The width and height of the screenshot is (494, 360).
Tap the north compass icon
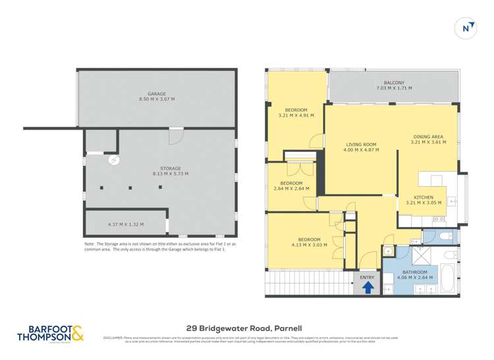[x=466, y=27]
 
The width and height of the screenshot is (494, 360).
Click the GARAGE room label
[x=156, y=93]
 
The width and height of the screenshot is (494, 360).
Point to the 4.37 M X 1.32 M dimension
[x=126, y=224]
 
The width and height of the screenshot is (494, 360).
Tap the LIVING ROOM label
[x=361, y=144]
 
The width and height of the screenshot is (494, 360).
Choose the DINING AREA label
[x=428, y=136]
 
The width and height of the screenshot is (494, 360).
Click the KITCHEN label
[x=422, y=197]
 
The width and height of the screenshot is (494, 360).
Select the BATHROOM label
[x=415, y=272]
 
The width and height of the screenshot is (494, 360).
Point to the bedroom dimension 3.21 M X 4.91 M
[x=296, y=115]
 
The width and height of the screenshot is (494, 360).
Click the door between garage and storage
[x=175, y=136]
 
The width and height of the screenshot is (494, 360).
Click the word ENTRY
[x=367, y=277]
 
